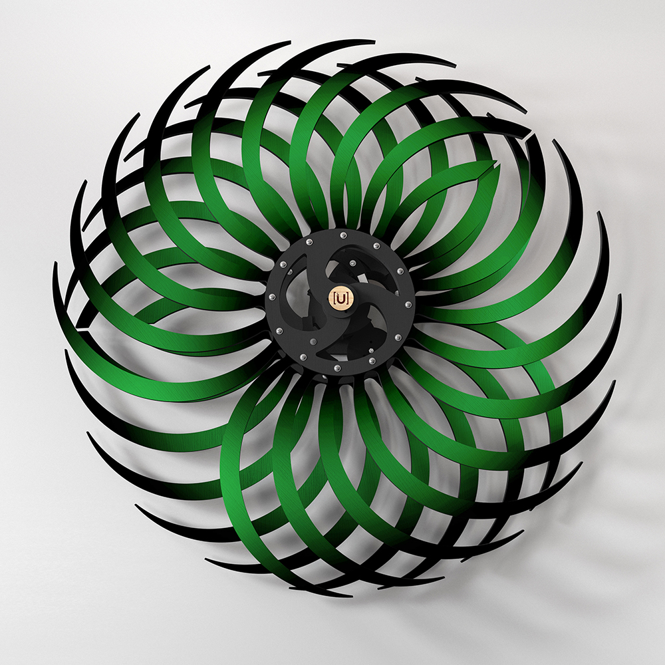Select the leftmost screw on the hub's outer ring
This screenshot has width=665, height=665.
point(273,296)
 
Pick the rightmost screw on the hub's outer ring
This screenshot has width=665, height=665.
point(408,305)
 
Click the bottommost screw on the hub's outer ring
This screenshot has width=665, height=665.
point(338,367)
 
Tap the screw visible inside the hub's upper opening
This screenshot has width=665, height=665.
point(352,264)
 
